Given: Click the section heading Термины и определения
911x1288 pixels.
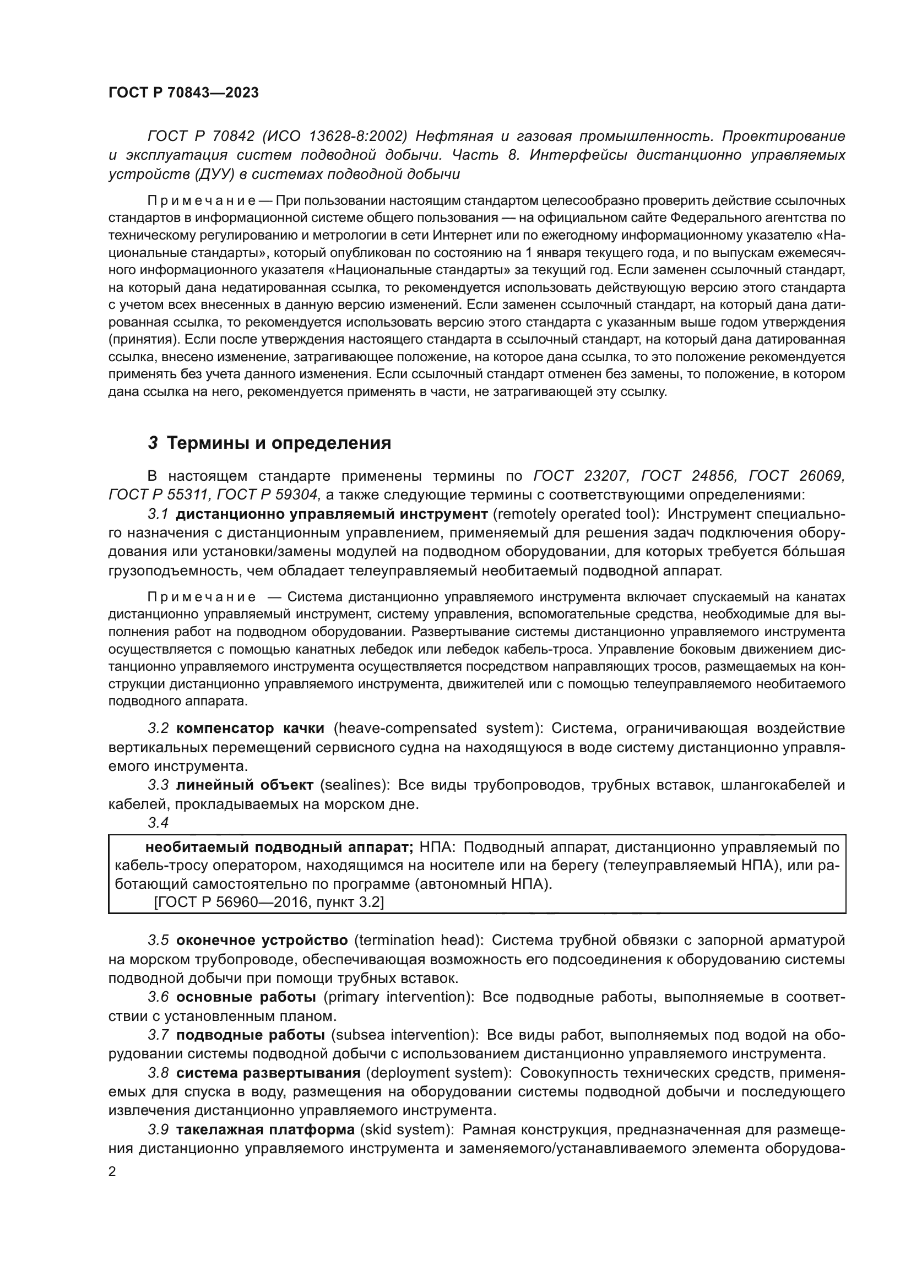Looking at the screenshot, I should pos(279,443).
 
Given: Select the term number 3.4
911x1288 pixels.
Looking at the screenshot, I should pos(158,822).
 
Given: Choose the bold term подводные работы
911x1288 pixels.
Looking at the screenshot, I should pos(250,1035).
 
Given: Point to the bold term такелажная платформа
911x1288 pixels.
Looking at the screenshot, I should pos(265,1129).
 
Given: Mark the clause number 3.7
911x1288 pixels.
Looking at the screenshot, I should pos(158,1035).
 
